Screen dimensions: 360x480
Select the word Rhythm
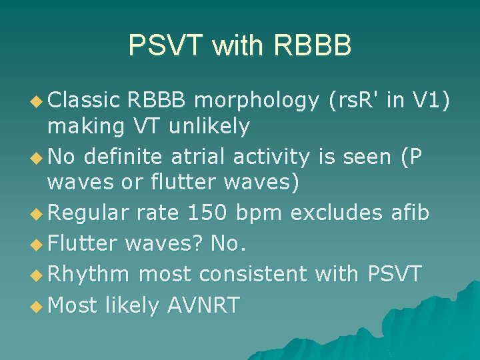click(x=89, y=274)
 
